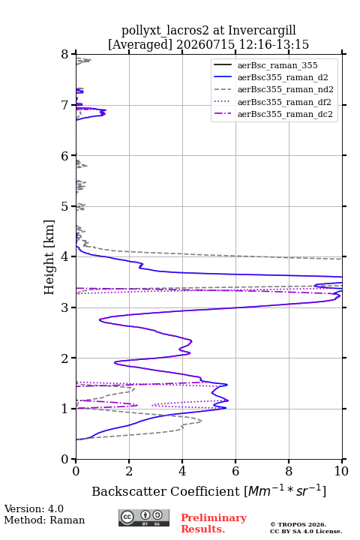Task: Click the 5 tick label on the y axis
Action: tap(65, 206)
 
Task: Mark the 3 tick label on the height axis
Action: tap(65, 307)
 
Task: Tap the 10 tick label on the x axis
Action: tap(341, 471)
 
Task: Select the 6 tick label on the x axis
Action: tap(235, 471)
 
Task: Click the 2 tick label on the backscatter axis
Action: tap(129, 471)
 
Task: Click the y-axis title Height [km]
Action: tap(49, 257)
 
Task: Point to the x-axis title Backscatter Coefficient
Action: tap(166, 491)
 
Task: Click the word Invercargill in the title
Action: tap(262, 31)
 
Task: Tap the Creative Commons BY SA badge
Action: tap(144, 517)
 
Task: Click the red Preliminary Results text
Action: tap(214, 523)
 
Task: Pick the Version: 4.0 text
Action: tap(34, 508)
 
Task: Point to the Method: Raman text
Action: tap(44, 520)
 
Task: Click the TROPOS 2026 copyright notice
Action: tap(298, 524)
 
